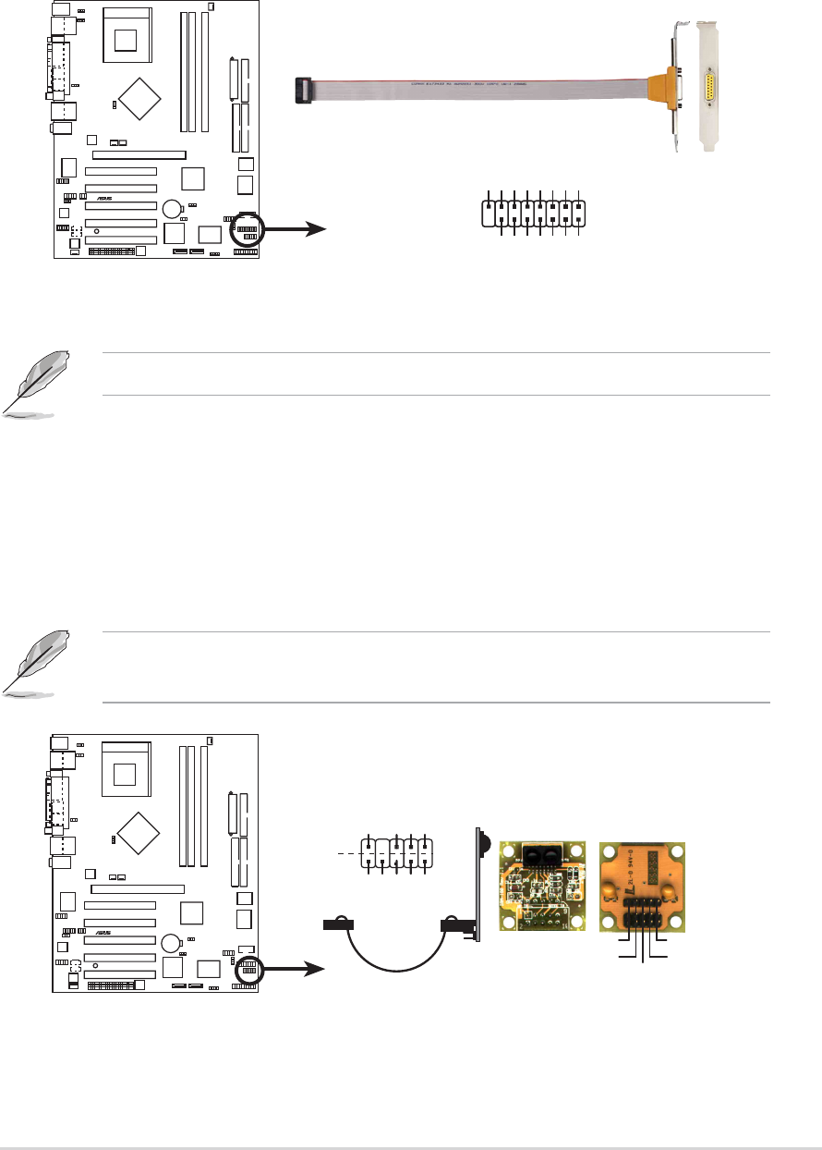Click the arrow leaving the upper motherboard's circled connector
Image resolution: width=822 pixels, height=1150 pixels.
coord(294,227)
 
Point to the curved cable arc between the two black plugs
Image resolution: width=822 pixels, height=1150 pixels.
coord(396,961)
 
